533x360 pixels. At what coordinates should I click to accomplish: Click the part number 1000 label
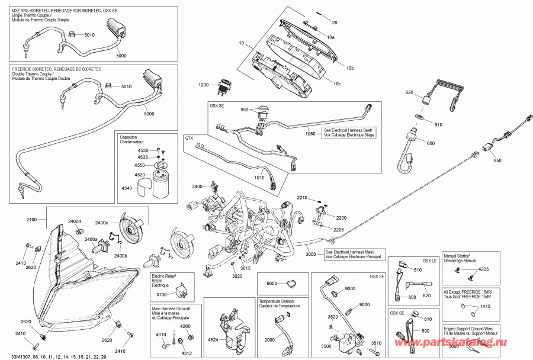pos(203,85)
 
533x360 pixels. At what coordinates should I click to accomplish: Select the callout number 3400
pos(198,187)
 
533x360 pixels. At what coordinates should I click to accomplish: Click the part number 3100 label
pos(160,294)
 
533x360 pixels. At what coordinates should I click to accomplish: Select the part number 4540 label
pos(126,188)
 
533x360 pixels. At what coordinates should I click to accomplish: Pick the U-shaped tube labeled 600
pos(408,156)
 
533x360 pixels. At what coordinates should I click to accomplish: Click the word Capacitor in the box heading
pos(129,136)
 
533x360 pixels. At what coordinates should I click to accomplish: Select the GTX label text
pos(190,139)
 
